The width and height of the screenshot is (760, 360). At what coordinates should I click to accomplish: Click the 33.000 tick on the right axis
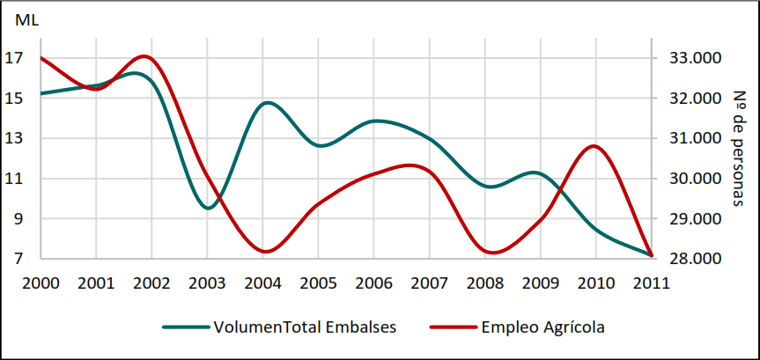697,58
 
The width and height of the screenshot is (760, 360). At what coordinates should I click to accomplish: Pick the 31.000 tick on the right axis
697,138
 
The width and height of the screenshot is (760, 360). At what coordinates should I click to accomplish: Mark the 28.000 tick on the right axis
697,259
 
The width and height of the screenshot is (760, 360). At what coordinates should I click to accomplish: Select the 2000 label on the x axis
41,283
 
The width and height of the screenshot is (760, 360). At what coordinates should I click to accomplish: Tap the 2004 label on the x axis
262,283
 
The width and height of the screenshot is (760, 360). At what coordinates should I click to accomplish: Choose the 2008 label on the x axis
484,283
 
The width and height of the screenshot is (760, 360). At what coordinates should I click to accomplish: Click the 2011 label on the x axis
651,283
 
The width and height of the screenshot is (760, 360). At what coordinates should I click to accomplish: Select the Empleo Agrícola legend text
542,327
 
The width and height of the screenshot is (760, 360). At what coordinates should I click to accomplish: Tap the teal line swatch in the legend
185,327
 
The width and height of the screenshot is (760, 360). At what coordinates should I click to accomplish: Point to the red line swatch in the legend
453,327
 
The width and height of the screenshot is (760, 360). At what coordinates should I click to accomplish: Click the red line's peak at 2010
595,146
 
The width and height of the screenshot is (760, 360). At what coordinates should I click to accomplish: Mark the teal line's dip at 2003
208,208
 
